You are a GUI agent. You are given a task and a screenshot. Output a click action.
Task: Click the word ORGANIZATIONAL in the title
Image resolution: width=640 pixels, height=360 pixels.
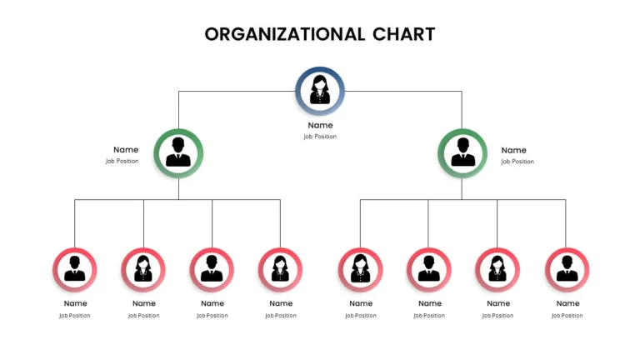pyautogui.click(x=285, y=34)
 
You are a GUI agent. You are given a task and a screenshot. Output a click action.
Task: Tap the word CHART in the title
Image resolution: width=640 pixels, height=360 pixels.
pyautogui.click(x=403, y=34)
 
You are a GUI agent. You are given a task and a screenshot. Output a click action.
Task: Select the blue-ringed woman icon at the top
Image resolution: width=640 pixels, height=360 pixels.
pyautogui.click(x=320, y=91)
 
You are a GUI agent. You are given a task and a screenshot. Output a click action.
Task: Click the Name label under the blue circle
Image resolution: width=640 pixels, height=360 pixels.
pyautogui.click(x=320, y=125)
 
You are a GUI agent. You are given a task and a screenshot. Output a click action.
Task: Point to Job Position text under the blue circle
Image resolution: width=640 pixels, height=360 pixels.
pyautogui.click(x=320, y=137)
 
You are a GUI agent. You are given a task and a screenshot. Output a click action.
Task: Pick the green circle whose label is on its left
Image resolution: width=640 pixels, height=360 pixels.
pyautogui.click(x=178, y=153)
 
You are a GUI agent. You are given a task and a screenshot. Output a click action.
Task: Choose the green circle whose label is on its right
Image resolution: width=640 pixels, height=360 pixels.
pyautogui.click(x=462, y=153)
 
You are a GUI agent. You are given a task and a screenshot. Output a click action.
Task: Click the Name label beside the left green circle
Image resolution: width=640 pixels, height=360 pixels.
pyautogui.click(x=126, y=150)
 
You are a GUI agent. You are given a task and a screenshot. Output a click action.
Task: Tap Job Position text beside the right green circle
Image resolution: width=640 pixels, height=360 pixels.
pyautogui.click(x=517, y=161)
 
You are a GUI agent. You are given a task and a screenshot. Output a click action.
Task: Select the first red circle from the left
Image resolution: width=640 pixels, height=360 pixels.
pyautogui.click(x=75, y=270)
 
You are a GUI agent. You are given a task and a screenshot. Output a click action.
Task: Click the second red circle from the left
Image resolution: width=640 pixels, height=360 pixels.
pyautogui.click(x=143, y=270)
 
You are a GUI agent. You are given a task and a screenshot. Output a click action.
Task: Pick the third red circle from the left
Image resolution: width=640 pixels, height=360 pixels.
pyautogui.click(x=212, y=270)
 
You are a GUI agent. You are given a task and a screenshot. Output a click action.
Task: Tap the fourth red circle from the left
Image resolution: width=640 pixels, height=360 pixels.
pyautogui.click(x=280, y=270)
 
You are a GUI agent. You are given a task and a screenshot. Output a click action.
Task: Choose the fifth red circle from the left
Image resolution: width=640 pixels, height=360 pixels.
pyautogui.click(x=360, y=270)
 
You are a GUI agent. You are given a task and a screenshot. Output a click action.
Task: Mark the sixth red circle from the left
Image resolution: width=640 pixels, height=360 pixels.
pyautogui.click(x=429, y=270)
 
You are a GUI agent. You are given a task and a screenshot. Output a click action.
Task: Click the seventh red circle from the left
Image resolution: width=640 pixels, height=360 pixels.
pyautogui.click(x=497, y=270)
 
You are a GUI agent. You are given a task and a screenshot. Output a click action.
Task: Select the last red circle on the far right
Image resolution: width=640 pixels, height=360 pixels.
pyautogui.click(x=567, y=270)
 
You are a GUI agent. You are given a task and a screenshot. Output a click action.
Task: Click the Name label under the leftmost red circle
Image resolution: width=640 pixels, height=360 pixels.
pyautogui.click(x=76, y=303)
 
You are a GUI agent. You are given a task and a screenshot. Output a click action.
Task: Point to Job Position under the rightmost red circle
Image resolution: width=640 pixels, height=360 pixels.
pyautogui.click(x=567, y=316)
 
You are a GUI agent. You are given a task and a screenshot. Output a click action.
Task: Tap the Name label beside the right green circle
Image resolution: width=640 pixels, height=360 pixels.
pyautogui.click(x=514, y=150)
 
